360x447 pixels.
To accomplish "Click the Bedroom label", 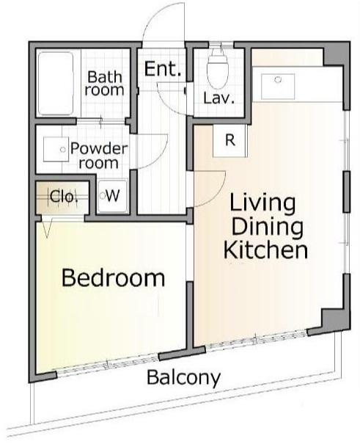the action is pos(113,278).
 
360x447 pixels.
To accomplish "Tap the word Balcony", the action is pos(184,378).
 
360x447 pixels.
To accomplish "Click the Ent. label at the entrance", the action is pos(163,69).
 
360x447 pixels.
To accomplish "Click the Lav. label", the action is pos(218,98).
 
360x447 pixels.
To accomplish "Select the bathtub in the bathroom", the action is pos(56,83).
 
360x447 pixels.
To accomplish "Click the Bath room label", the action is pos(104,83).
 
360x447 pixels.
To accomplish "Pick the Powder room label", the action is pos(98,156).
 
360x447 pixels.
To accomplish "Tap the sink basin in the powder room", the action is pos(56,150).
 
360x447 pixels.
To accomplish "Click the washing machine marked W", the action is pos(111,196).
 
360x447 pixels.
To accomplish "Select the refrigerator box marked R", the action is pos(229,141).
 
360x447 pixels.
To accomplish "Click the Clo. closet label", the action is pos(63,197).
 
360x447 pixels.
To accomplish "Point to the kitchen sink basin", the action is pos(278,87).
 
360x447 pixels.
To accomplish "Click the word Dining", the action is pos(267,227).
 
